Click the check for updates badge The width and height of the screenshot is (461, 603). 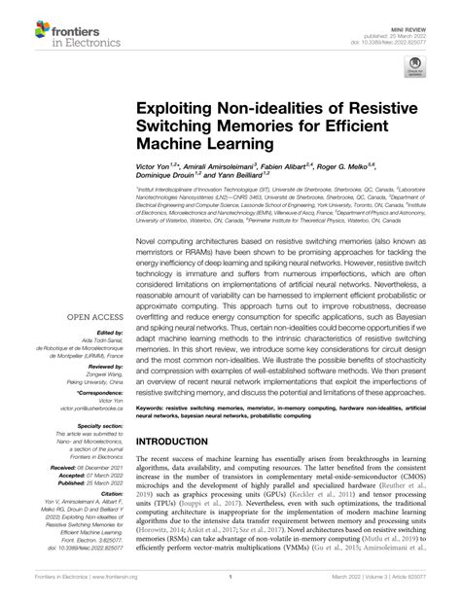(415, 66)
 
